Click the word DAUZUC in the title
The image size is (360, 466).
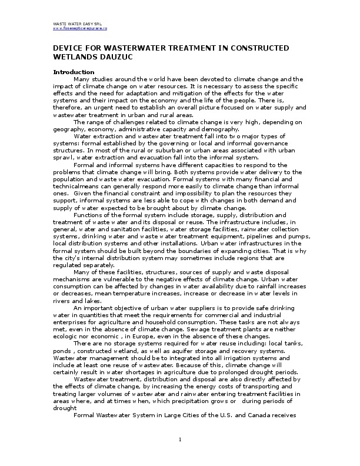112,56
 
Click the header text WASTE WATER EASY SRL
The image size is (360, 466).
74,23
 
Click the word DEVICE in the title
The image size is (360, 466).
69,47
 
